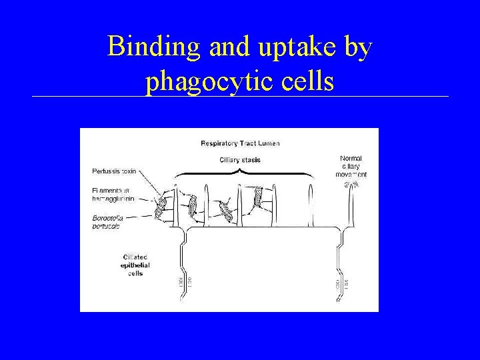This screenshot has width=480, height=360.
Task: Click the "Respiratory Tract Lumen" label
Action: coord(240,143)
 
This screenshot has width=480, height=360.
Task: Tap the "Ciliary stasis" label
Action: coord(240,160)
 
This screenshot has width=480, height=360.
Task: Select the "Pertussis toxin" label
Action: coord(114,171)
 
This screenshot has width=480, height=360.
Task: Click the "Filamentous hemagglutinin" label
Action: coord(114,194)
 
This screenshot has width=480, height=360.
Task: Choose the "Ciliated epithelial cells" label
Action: coord(135,265)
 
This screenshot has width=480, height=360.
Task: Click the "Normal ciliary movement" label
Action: coord(351,166)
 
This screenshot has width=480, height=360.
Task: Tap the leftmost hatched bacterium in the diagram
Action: coord(160,207)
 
